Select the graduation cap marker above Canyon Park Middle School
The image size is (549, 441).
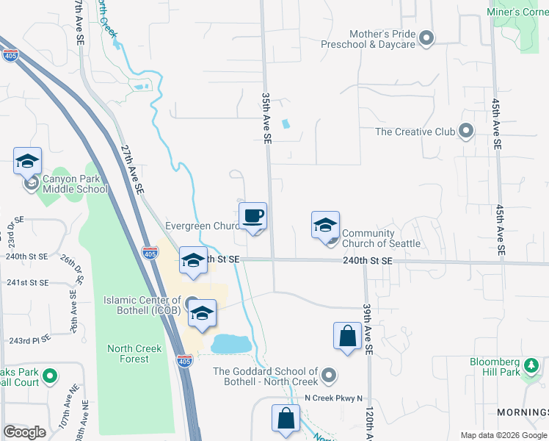27,160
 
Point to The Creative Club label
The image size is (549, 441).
415,132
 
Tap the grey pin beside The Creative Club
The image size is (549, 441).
465,132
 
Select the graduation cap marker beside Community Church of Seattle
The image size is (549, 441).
325,226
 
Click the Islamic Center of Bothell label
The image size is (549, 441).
142,305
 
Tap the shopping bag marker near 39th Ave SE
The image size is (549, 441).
347,337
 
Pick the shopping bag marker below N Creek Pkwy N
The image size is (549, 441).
286,419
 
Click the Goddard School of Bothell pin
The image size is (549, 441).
328,376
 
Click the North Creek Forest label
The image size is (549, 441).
128,354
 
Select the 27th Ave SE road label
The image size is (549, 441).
131,168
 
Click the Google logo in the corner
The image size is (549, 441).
24,432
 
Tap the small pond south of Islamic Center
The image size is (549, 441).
230,343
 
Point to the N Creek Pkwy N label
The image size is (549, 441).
334,398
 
